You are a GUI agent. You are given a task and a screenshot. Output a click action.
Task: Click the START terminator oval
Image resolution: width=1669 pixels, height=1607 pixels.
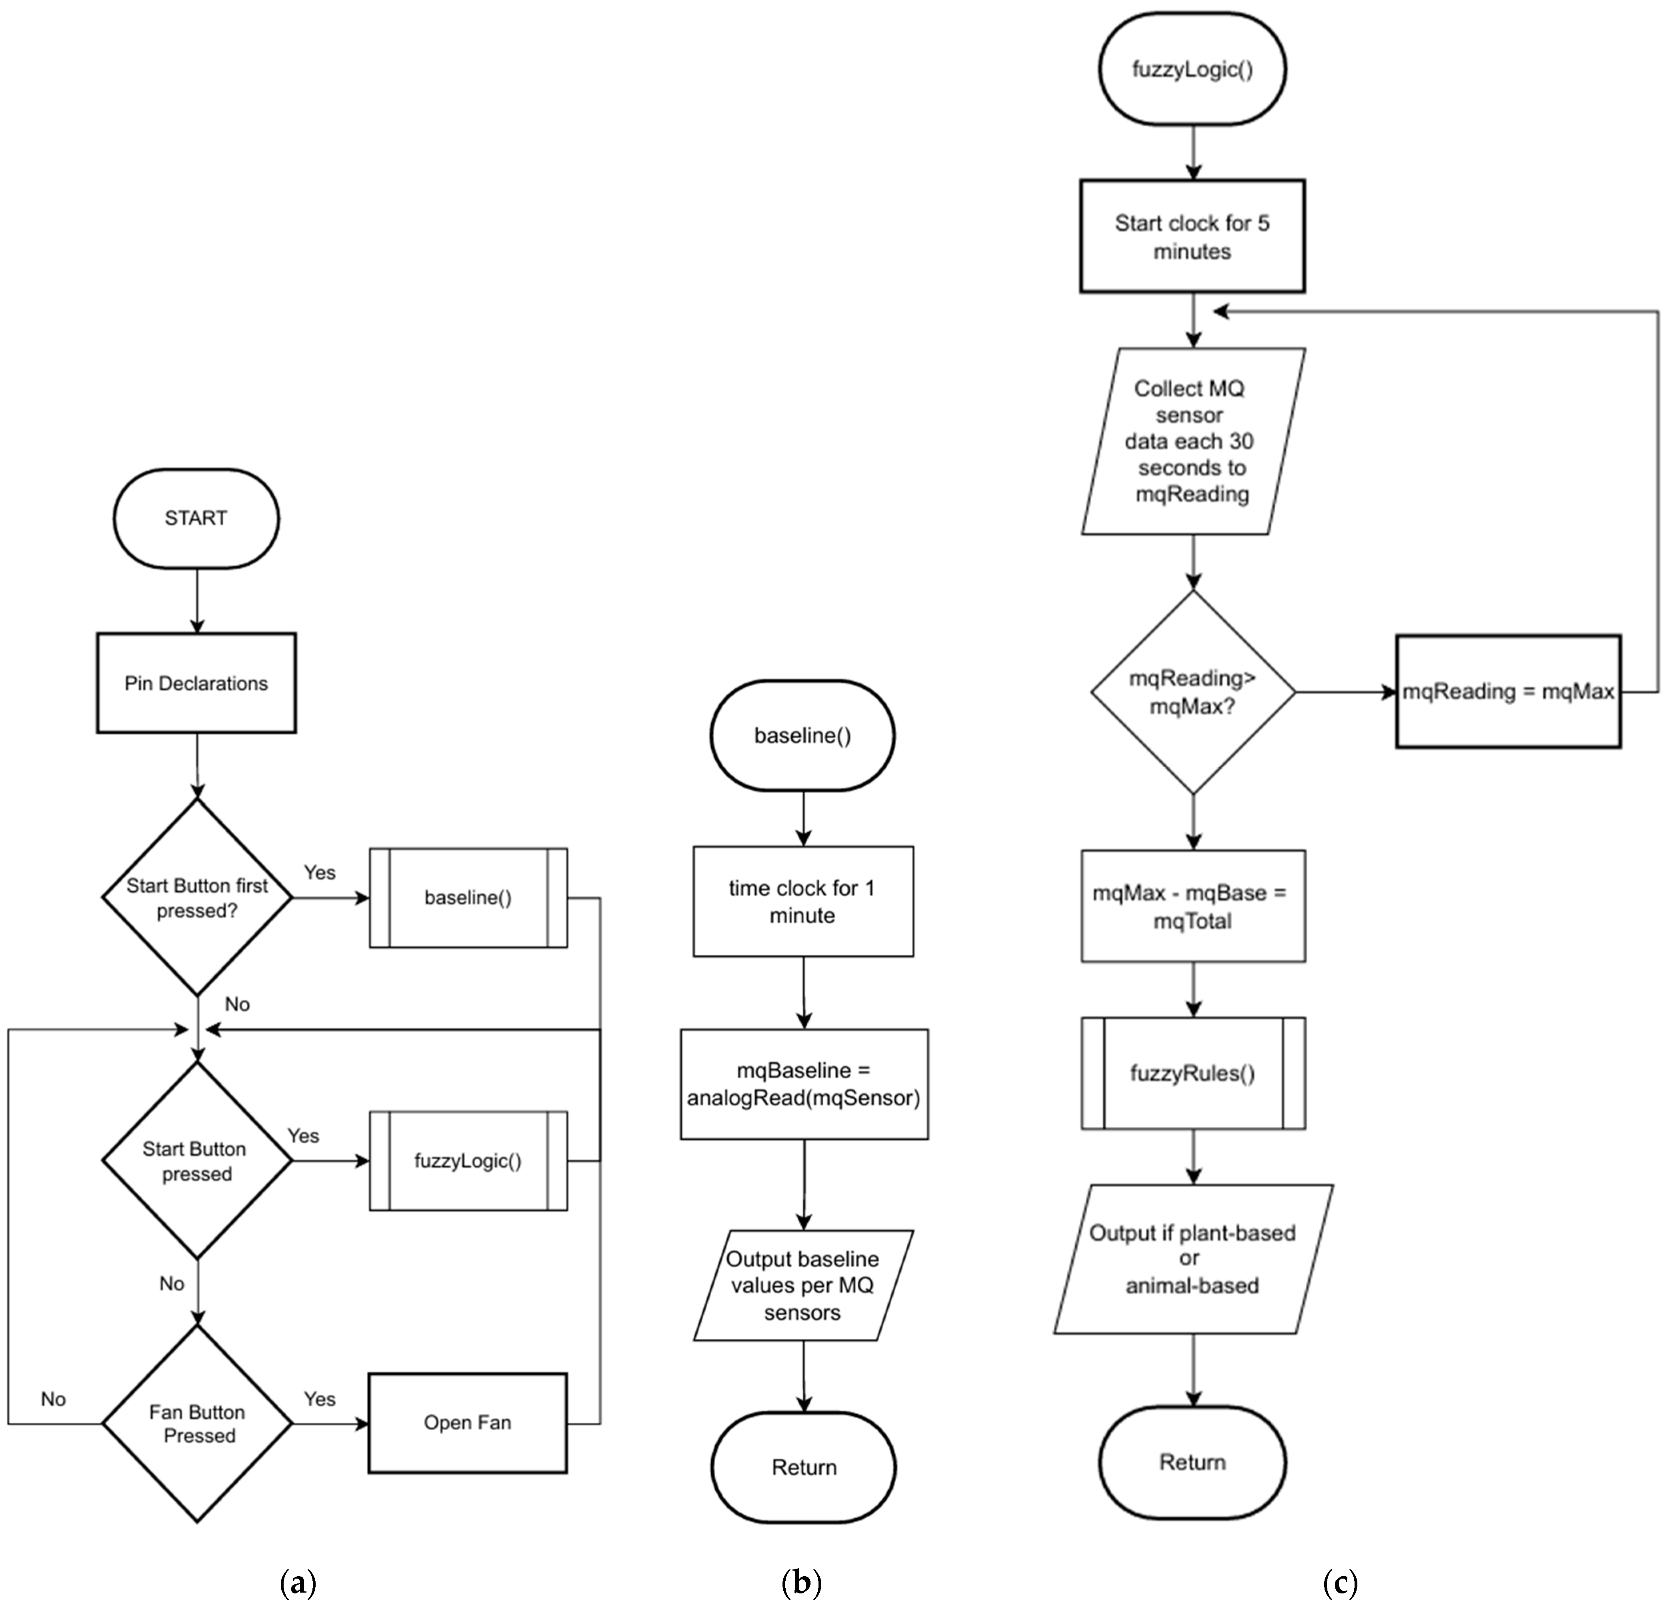click(x=196, y=518)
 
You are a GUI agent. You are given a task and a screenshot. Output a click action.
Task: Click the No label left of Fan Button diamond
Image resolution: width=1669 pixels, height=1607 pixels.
click(x=53, y=1399)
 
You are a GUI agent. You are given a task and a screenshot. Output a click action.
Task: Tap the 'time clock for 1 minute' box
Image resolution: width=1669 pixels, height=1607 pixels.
click(x=803, y=901)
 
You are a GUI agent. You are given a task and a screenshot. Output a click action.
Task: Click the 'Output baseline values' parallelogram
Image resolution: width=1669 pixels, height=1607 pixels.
click(x=803, y=1285)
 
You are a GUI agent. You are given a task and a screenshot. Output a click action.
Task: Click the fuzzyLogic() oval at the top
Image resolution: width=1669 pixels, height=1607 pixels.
click(x=1192, y=69)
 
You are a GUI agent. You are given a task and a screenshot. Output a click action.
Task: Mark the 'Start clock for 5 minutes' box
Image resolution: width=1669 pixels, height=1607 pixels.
click(x=1192, y=237)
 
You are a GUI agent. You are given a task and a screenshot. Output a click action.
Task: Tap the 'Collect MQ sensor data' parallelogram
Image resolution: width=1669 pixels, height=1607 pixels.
click(x=1192, y=441)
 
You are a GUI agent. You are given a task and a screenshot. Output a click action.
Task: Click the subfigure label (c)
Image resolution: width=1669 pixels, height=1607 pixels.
click(x=1340, y=1583)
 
